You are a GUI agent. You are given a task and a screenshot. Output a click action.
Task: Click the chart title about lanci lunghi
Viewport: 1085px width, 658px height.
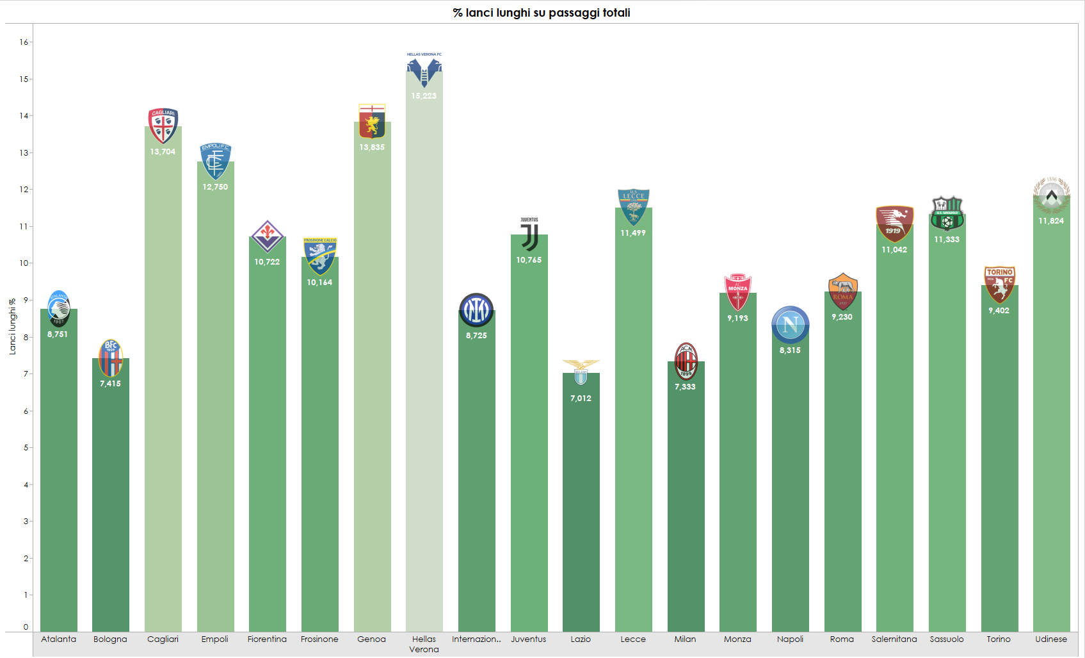[542, 13]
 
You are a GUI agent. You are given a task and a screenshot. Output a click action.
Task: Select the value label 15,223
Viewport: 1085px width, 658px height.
[424, 96]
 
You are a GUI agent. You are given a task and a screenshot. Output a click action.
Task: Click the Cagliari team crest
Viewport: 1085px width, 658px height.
[163, 126]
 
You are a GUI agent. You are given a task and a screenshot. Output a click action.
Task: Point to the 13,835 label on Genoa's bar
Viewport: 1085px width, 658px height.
[372, 147]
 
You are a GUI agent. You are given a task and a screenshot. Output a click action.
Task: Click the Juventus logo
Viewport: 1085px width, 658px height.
[529, 235]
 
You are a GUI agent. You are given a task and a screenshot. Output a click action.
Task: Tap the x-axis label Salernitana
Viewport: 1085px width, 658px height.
[894, 639]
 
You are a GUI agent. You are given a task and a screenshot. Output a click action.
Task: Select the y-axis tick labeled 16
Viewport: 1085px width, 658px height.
[24, 42]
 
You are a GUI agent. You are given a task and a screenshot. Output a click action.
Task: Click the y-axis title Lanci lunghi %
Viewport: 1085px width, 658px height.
[12, 327]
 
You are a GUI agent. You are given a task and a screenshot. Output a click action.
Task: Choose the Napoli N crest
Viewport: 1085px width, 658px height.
[790, 324]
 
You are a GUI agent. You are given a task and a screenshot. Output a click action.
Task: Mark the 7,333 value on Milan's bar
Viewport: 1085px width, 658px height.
[685, 387]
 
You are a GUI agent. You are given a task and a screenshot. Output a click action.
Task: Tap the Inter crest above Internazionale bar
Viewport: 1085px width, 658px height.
[476, 311]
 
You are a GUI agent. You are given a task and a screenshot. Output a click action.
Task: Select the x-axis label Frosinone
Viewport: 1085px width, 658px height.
[319, 639]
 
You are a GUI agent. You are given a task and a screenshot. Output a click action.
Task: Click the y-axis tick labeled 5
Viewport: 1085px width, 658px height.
[26, 448]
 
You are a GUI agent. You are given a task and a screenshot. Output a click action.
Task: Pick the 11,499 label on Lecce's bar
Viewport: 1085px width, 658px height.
[633, 233]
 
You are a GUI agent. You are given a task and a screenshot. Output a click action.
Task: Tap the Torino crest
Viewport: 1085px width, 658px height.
[999, 285]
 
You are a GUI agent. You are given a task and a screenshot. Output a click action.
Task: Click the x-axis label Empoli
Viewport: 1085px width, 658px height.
[214, 639]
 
